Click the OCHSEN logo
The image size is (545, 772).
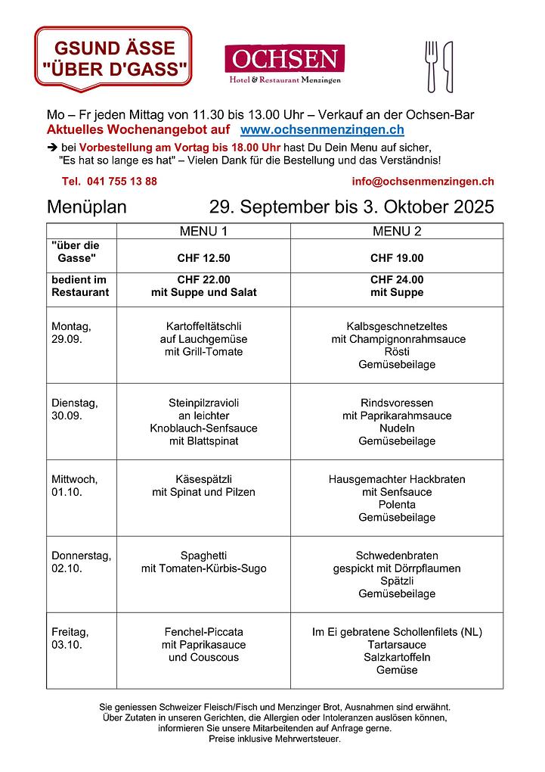284,64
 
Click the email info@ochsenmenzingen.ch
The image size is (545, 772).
423,182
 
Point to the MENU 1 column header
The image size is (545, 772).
203,231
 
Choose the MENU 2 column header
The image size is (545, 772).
397,231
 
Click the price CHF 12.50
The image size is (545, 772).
203,258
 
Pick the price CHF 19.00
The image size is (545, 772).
397,258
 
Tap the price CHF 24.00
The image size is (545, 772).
397,279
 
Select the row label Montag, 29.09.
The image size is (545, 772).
71,332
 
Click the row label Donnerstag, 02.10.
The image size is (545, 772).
81,562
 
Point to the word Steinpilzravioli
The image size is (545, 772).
203,403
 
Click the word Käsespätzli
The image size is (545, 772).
203,479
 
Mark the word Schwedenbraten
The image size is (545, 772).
397,556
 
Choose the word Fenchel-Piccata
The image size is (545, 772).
203,632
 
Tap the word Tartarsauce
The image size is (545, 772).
397,645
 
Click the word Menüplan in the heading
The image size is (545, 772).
87,207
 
